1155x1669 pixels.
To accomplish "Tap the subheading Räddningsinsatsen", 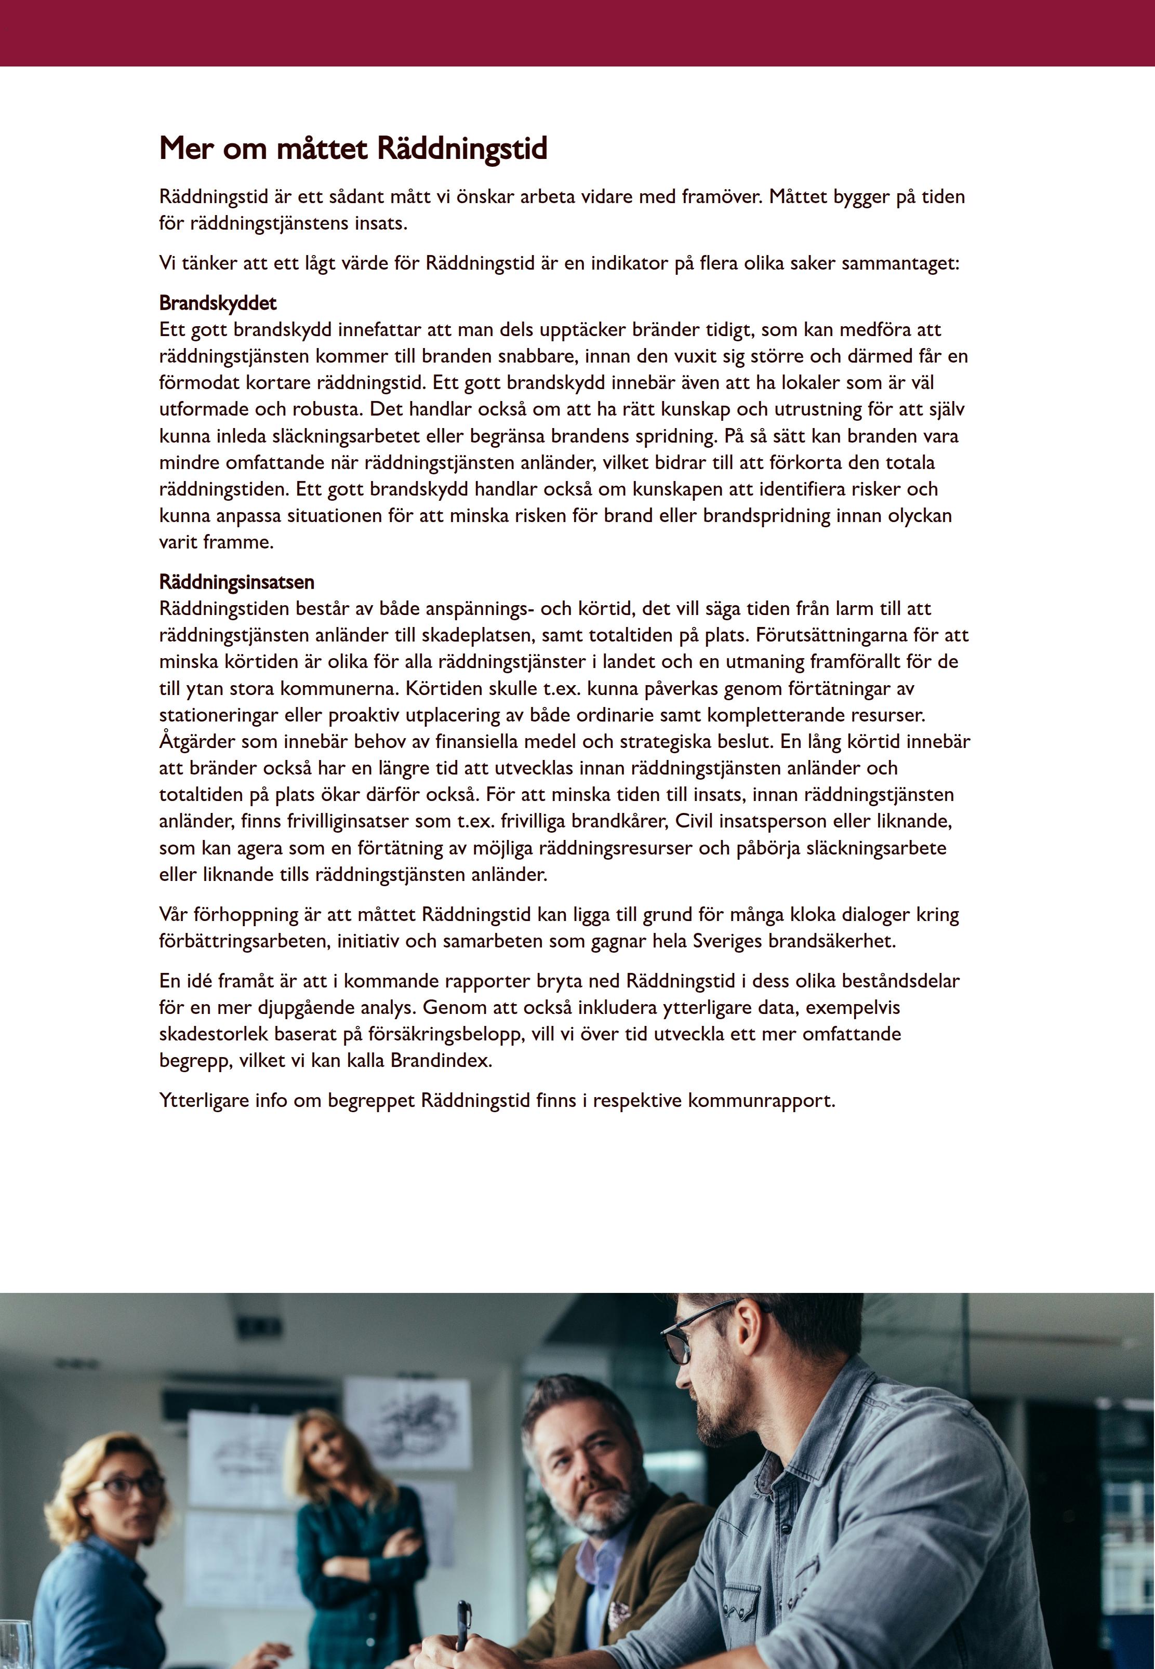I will pyautogui.click(x=236, y=582).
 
